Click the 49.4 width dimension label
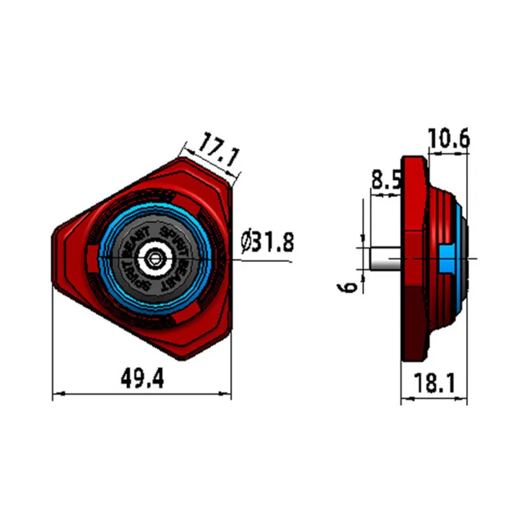tap(142, 379)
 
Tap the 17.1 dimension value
tap(218, 150)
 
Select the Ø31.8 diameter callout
tap(267, 242)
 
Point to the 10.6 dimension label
tap(448, 138)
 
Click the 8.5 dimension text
tap(386, 181)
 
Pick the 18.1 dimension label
tap(434, 383)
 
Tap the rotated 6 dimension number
tap(347, 287)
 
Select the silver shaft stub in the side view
tap(385, 259)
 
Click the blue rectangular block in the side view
tap(447, 259)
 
